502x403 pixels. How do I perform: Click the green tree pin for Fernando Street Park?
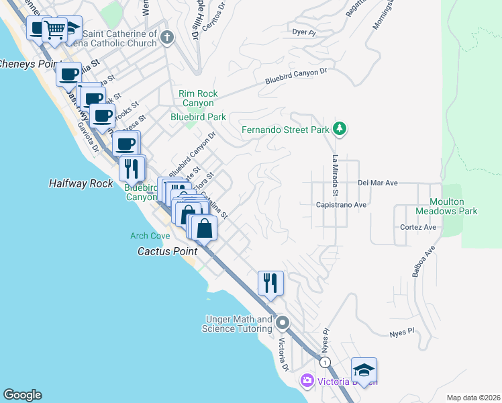pyautogui.click(x=340, y=129)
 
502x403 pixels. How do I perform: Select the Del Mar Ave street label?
pyautogui.click(x=378, y=182)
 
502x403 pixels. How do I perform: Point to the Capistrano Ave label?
pyautogui.click(x=342, y=205)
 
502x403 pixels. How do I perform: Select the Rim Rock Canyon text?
pyautogui.click(x=196, y=99)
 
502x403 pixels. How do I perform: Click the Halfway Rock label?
pyautogui.click(x=81, y=183)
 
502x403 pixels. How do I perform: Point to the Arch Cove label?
pyautogui.click(x=150, y=236)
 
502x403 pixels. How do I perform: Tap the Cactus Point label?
pyautogui.click(x=167, y=251)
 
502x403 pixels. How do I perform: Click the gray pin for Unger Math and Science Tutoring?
pyautogui.click(x=283, y=324)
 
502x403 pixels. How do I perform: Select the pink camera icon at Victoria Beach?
pyautogui.click(x=307, y=381)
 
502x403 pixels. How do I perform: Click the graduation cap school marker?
pyautogui.click(x=363, y=370)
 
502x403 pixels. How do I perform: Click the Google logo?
pyautogui.click(x=22, y=395)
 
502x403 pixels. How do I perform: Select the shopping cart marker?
pyautogui.click(x=54, y=30)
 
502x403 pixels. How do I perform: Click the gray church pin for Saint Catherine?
pyautogui.click(x=167, y=38)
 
